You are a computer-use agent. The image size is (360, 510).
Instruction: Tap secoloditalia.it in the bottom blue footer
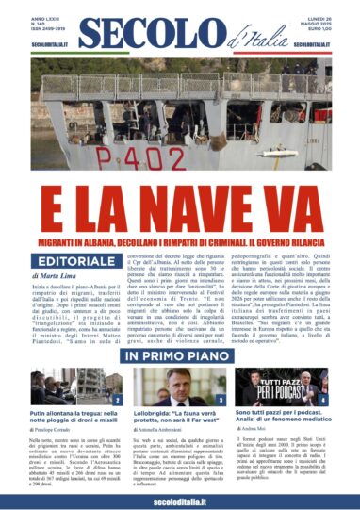[x=180, y=498]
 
